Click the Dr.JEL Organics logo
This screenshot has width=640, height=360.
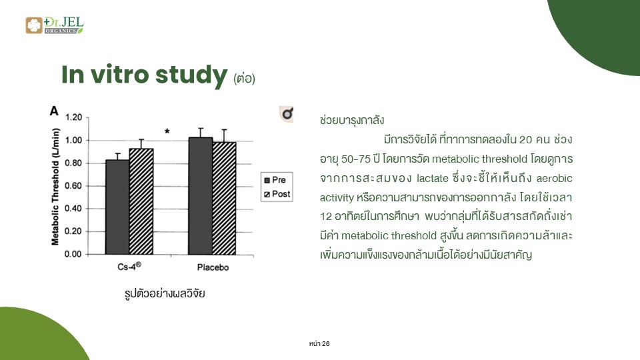pos(54,25)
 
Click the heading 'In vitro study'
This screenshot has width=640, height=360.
pos(144,75)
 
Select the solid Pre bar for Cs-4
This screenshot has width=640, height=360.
pos(117,207)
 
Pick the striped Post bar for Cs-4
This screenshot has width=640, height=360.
pos(141,201)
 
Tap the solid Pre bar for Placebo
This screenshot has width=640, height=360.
pos(201,196)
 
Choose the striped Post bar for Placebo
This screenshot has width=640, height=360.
pos(224,199)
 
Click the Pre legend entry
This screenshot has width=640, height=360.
pos(275,180)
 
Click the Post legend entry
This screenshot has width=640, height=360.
pos(277,194)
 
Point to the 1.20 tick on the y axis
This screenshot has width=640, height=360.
pos(73,117)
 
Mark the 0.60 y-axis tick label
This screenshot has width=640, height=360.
pos(73,186)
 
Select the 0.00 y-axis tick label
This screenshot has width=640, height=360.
pos(73,254)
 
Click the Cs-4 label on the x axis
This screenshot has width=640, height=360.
pos(129,267)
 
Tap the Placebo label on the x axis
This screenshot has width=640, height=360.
pos(213,267)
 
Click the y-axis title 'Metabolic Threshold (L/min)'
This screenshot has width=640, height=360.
pos(55,187)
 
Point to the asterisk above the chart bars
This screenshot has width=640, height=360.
pos(167,131)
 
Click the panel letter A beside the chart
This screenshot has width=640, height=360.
pos(54,111)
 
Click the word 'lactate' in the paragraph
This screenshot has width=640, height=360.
pos(433,179)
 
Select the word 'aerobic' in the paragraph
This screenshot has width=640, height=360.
pos(554,179)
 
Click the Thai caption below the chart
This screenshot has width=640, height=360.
pos(165,293)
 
